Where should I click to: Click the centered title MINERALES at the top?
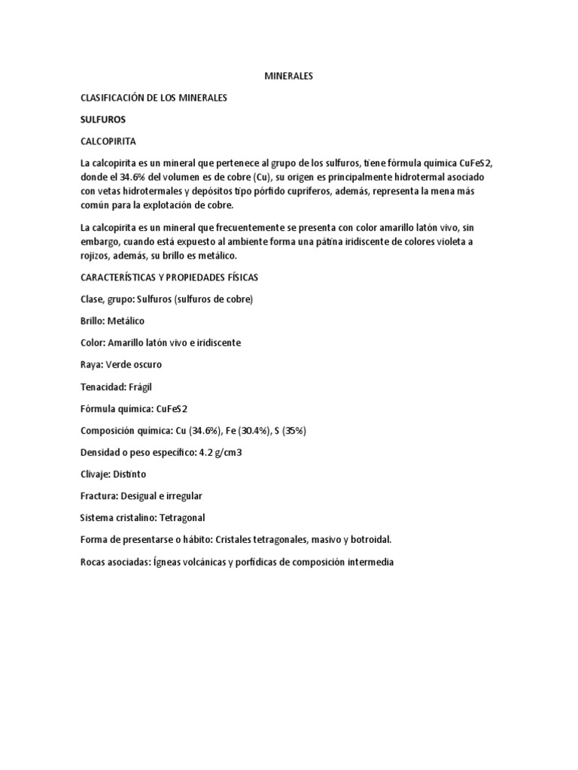click(289, 77)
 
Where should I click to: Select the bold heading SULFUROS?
click(103, 120)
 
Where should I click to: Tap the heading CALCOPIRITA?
click(109, 141)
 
